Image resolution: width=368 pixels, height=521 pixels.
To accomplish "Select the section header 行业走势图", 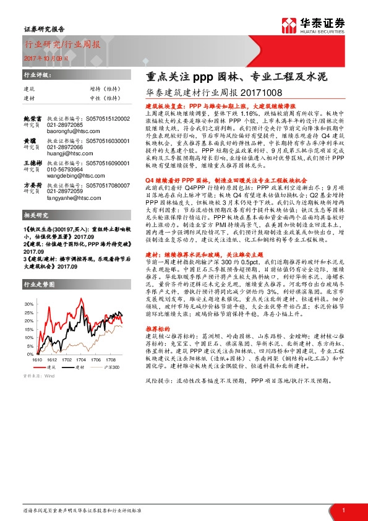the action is click(38, 285).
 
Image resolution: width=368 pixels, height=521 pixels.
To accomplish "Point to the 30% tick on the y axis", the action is click(30, 304).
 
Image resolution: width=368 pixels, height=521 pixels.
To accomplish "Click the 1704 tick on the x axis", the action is click(77, 358).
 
